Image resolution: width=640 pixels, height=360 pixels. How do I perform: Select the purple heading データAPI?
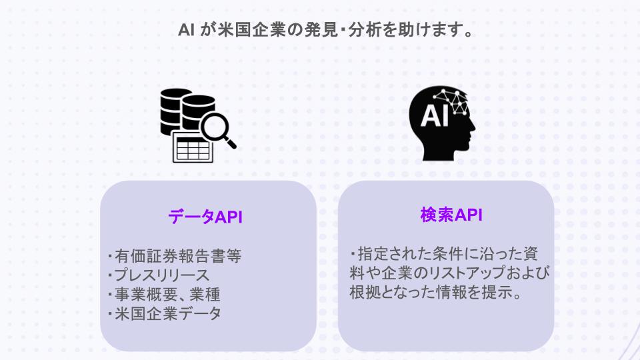205,217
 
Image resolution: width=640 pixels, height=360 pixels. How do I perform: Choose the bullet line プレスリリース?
161,275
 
